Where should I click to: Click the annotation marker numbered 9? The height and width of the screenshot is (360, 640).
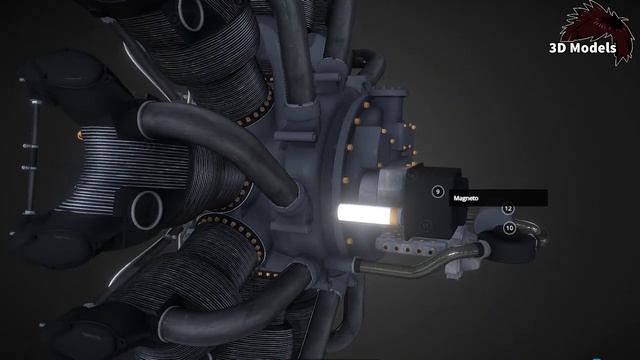pyautogui.click(x=438, y=191)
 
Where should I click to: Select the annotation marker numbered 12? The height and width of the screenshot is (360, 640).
pyautogui.click(x=508, y=209)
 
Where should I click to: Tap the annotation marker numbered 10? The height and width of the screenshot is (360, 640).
pyautogui.click(x=509, y=228)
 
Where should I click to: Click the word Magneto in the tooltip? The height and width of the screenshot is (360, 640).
pyautogui.click(x=466, y=198)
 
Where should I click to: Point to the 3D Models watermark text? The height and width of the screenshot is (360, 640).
pyautogui.click(x=582, y=48)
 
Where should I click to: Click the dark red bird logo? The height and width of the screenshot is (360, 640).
pyautogui.click(x=598, y=31)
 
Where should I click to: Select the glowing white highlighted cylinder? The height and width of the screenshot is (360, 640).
pyautogui.click(x=362, y=214)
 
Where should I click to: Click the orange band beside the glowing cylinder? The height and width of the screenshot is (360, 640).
pyautogui.click(x=394, y=216)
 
